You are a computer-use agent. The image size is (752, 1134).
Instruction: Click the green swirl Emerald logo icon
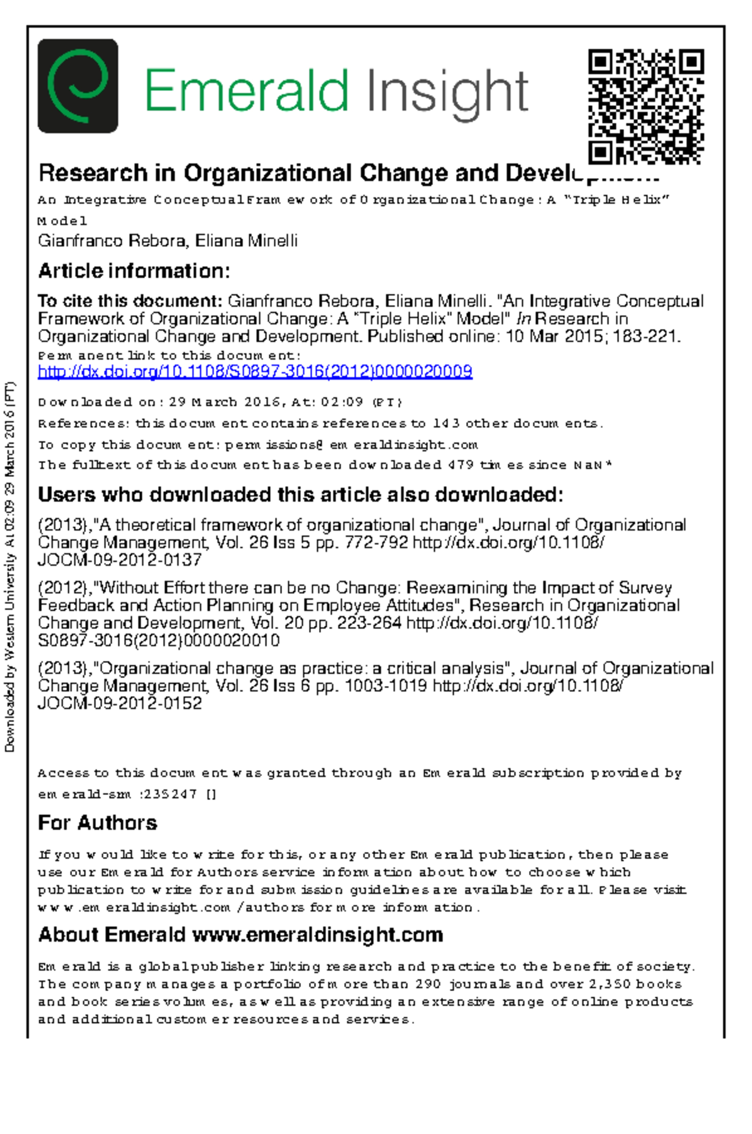pos(78,86)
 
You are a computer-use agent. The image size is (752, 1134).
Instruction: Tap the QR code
pos(645,107)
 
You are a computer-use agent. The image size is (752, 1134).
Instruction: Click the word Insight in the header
pos(447,93)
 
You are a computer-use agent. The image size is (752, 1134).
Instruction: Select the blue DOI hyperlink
pos(254,372)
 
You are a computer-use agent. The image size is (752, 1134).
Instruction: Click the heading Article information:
pos(134,271)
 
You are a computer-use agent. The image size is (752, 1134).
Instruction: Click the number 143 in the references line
pos(446,424)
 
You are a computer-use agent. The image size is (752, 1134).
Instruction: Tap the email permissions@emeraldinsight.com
pos(351,445)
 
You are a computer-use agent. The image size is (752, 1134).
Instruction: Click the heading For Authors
pos(97,823)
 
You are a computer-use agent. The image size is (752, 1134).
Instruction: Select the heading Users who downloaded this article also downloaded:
pos(300,495)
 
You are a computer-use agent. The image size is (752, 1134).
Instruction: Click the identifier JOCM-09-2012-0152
pos(120,704)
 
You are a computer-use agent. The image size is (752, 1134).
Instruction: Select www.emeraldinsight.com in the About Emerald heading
pos(317,935)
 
